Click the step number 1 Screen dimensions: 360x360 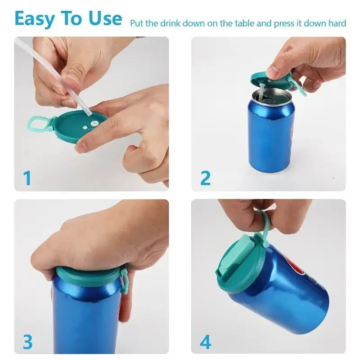coord(27,178)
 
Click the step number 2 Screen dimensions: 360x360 coord(205,178)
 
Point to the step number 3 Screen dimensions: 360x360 coord(27,342)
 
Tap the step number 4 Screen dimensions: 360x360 coord(205,342)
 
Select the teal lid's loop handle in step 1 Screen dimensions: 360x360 coord(38,122)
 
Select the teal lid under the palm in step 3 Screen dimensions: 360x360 coord(88,275)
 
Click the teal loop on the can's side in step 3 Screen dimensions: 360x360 coord(123,283)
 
